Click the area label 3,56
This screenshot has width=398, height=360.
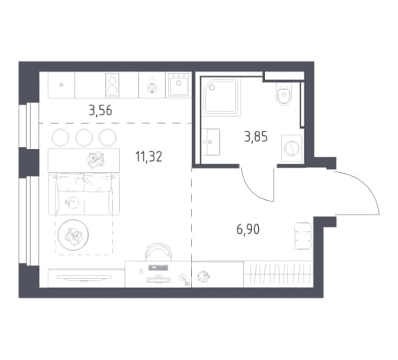point(100,111)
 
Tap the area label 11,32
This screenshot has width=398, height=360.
point(149,156)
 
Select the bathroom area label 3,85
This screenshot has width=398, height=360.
point(256,136)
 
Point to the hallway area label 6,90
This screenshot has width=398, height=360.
point(248,229)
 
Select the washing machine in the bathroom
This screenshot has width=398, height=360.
point(292,148)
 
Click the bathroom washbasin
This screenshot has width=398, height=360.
point(211,142)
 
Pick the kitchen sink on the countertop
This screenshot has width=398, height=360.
point(178,85)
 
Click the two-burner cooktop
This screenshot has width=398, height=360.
point(112,85)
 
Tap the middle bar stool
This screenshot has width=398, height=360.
point(84,138)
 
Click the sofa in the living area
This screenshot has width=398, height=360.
point(84,194)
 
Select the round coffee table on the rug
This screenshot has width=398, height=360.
point(73,235)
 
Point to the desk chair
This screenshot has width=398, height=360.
point(158,252)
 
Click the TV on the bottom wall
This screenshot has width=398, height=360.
point(84,278)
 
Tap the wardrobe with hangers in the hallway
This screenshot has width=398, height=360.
point(278,274)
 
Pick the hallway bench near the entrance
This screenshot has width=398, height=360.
point(303,236)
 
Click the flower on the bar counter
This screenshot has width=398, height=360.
point(95,159)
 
